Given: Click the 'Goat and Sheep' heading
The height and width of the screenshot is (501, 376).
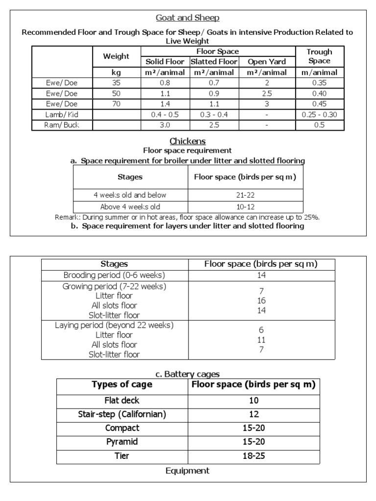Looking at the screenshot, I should coord(188,18).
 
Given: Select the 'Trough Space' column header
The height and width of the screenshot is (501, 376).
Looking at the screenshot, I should coord(319,56).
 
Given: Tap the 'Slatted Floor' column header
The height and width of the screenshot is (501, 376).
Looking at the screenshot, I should coord(214,62).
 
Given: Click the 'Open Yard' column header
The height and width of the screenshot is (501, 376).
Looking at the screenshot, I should coord(267,62).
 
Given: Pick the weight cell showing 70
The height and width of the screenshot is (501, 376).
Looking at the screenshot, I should coord(116,104).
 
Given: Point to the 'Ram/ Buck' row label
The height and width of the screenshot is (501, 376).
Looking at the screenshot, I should coord(62,125).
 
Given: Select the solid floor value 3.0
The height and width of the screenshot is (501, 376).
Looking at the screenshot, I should coord(165,125).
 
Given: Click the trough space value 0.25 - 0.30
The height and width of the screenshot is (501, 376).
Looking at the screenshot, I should coord(319,114).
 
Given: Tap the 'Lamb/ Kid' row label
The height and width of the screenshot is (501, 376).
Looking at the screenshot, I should coord(62,114).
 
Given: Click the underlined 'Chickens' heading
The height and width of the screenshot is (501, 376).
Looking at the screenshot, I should coord(188,141).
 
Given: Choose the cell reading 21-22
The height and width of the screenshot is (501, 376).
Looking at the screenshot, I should coord(245,195).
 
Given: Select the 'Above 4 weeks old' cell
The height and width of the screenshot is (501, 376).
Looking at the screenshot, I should coord(130,206).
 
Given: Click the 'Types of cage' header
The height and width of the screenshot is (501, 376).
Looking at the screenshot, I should coord(122,384).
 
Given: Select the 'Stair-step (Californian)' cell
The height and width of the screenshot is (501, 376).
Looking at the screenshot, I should coord(122,414).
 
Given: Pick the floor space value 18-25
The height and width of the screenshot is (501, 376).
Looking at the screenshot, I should coord(253,455).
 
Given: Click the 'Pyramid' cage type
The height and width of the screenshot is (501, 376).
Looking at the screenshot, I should coord(122,442).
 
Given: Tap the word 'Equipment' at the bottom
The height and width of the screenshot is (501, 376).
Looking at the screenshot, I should coord(188,471).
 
